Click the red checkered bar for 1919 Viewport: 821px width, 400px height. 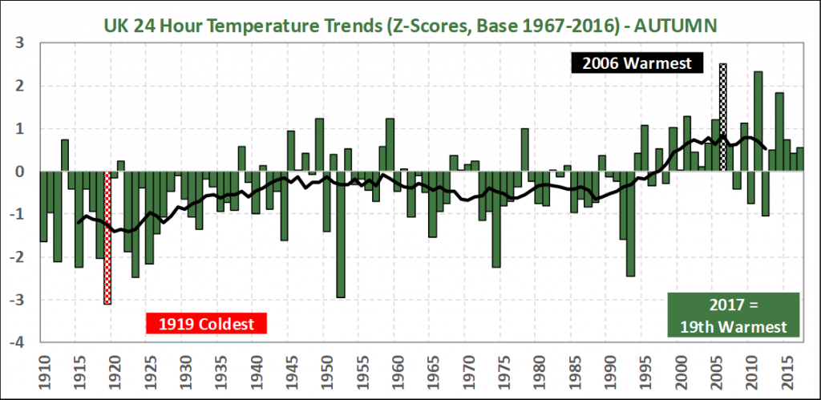coord(107,237)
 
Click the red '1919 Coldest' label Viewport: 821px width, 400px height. coord(205,324)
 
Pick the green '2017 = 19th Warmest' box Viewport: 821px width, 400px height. coord(734,315)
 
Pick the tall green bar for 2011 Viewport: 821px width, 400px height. coord(758,120)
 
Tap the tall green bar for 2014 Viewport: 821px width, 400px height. coord(779,131)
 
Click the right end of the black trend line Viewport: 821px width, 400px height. coord(766,148)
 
